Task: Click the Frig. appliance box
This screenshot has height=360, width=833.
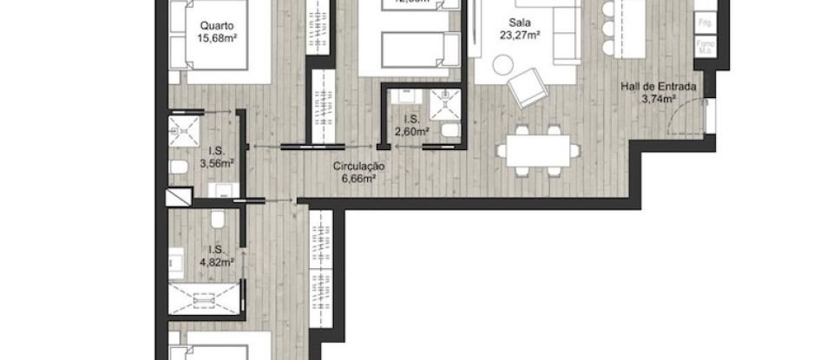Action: pyautogui.click(x=704, y=21)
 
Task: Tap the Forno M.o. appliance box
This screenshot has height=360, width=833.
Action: pyautogui.click(x=704, y=49)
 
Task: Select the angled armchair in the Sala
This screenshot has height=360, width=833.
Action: pyautogui.click(x=527, y=87)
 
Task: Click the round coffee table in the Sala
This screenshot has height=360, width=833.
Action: pyautogui.click(x=503, y=63)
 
